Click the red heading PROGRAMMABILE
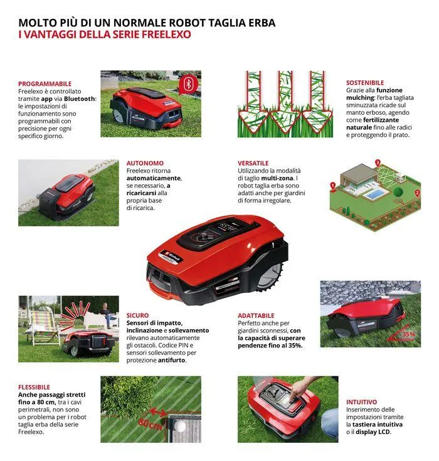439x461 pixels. click(45, 83)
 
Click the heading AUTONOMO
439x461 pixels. click(145, 162)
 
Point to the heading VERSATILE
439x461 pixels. click(253, 162)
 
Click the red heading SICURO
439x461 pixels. click(137, 315)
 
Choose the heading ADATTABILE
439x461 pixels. click(256, 315)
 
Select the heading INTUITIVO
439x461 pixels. click(362, 401)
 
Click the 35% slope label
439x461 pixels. click(408, 334)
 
